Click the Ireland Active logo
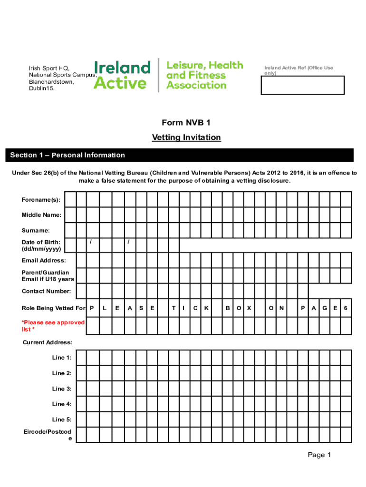coord(122,75)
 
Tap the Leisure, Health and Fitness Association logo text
coord(204,75)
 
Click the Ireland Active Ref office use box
coord(302,86)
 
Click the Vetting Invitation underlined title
coord(186,137)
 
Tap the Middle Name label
coord(41,215)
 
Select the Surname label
coord(36,231)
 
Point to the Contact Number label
coord(47,291)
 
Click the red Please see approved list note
coord(53,326)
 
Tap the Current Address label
coord(48,342)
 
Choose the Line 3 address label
coord(62,389)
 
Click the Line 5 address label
coord(62,419)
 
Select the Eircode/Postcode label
coord(48,435)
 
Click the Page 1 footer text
coord(319,455)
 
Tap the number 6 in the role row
coord(346,308)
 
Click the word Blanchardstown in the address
coord(51,81)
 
